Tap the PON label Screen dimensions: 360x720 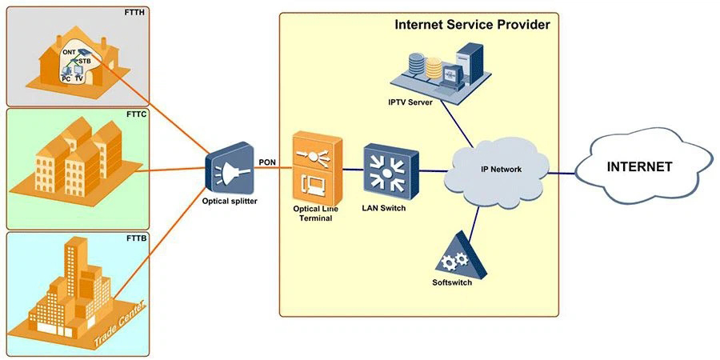[x=267, y=162]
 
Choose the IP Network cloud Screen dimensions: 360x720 [x=502, y=170]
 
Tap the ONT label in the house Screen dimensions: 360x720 [x=69, y=52]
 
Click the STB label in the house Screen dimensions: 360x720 [x=85, y=60]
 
